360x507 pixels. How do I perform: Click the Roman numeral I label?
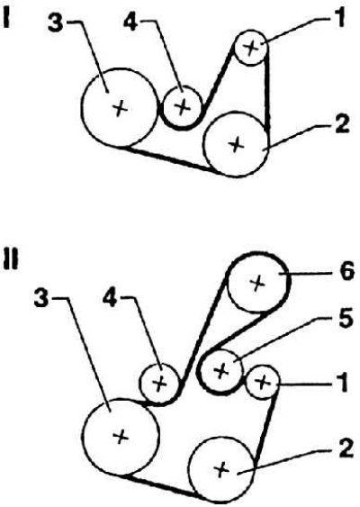[x=7, y=19]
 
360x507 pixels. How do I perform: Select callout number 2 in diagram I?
[x=343, y=124]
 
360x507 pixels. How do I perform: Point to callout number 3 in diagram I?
[x=56, y=23]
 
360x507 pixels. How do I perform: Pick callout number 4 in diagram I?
[x=131, y=22]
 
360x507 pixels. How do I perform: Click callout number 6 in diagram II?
[x=347, y=271]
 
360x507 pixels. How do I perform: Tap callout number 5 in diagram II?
[x=345, y=320]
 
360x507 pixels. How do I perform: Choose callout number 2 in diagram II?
[x=345, y=449]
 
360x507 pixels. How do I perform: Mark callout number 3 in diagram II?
[x=41, y=298]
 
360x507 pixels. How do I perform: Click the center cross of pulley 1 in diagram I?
[x=251, y=48]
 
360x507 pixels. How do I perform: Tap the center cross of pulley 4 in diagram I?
[x=183, y=106]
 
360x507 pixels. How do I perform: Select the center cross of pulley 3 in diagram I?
[x=120, y=108]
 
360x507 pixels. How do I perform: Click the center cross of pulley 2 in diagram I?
[x=236, y=143]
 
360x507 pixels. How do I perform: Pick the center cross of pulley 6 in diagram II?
[x=257, y=284]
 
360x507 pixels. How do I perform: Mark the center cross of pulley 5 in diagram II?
[x=221, y=370]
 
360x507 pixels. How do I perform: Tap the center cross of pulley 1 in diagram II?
[x=263, y=383]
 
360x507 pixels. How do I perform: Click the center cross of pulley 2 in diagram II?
[x=221, y=469]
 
